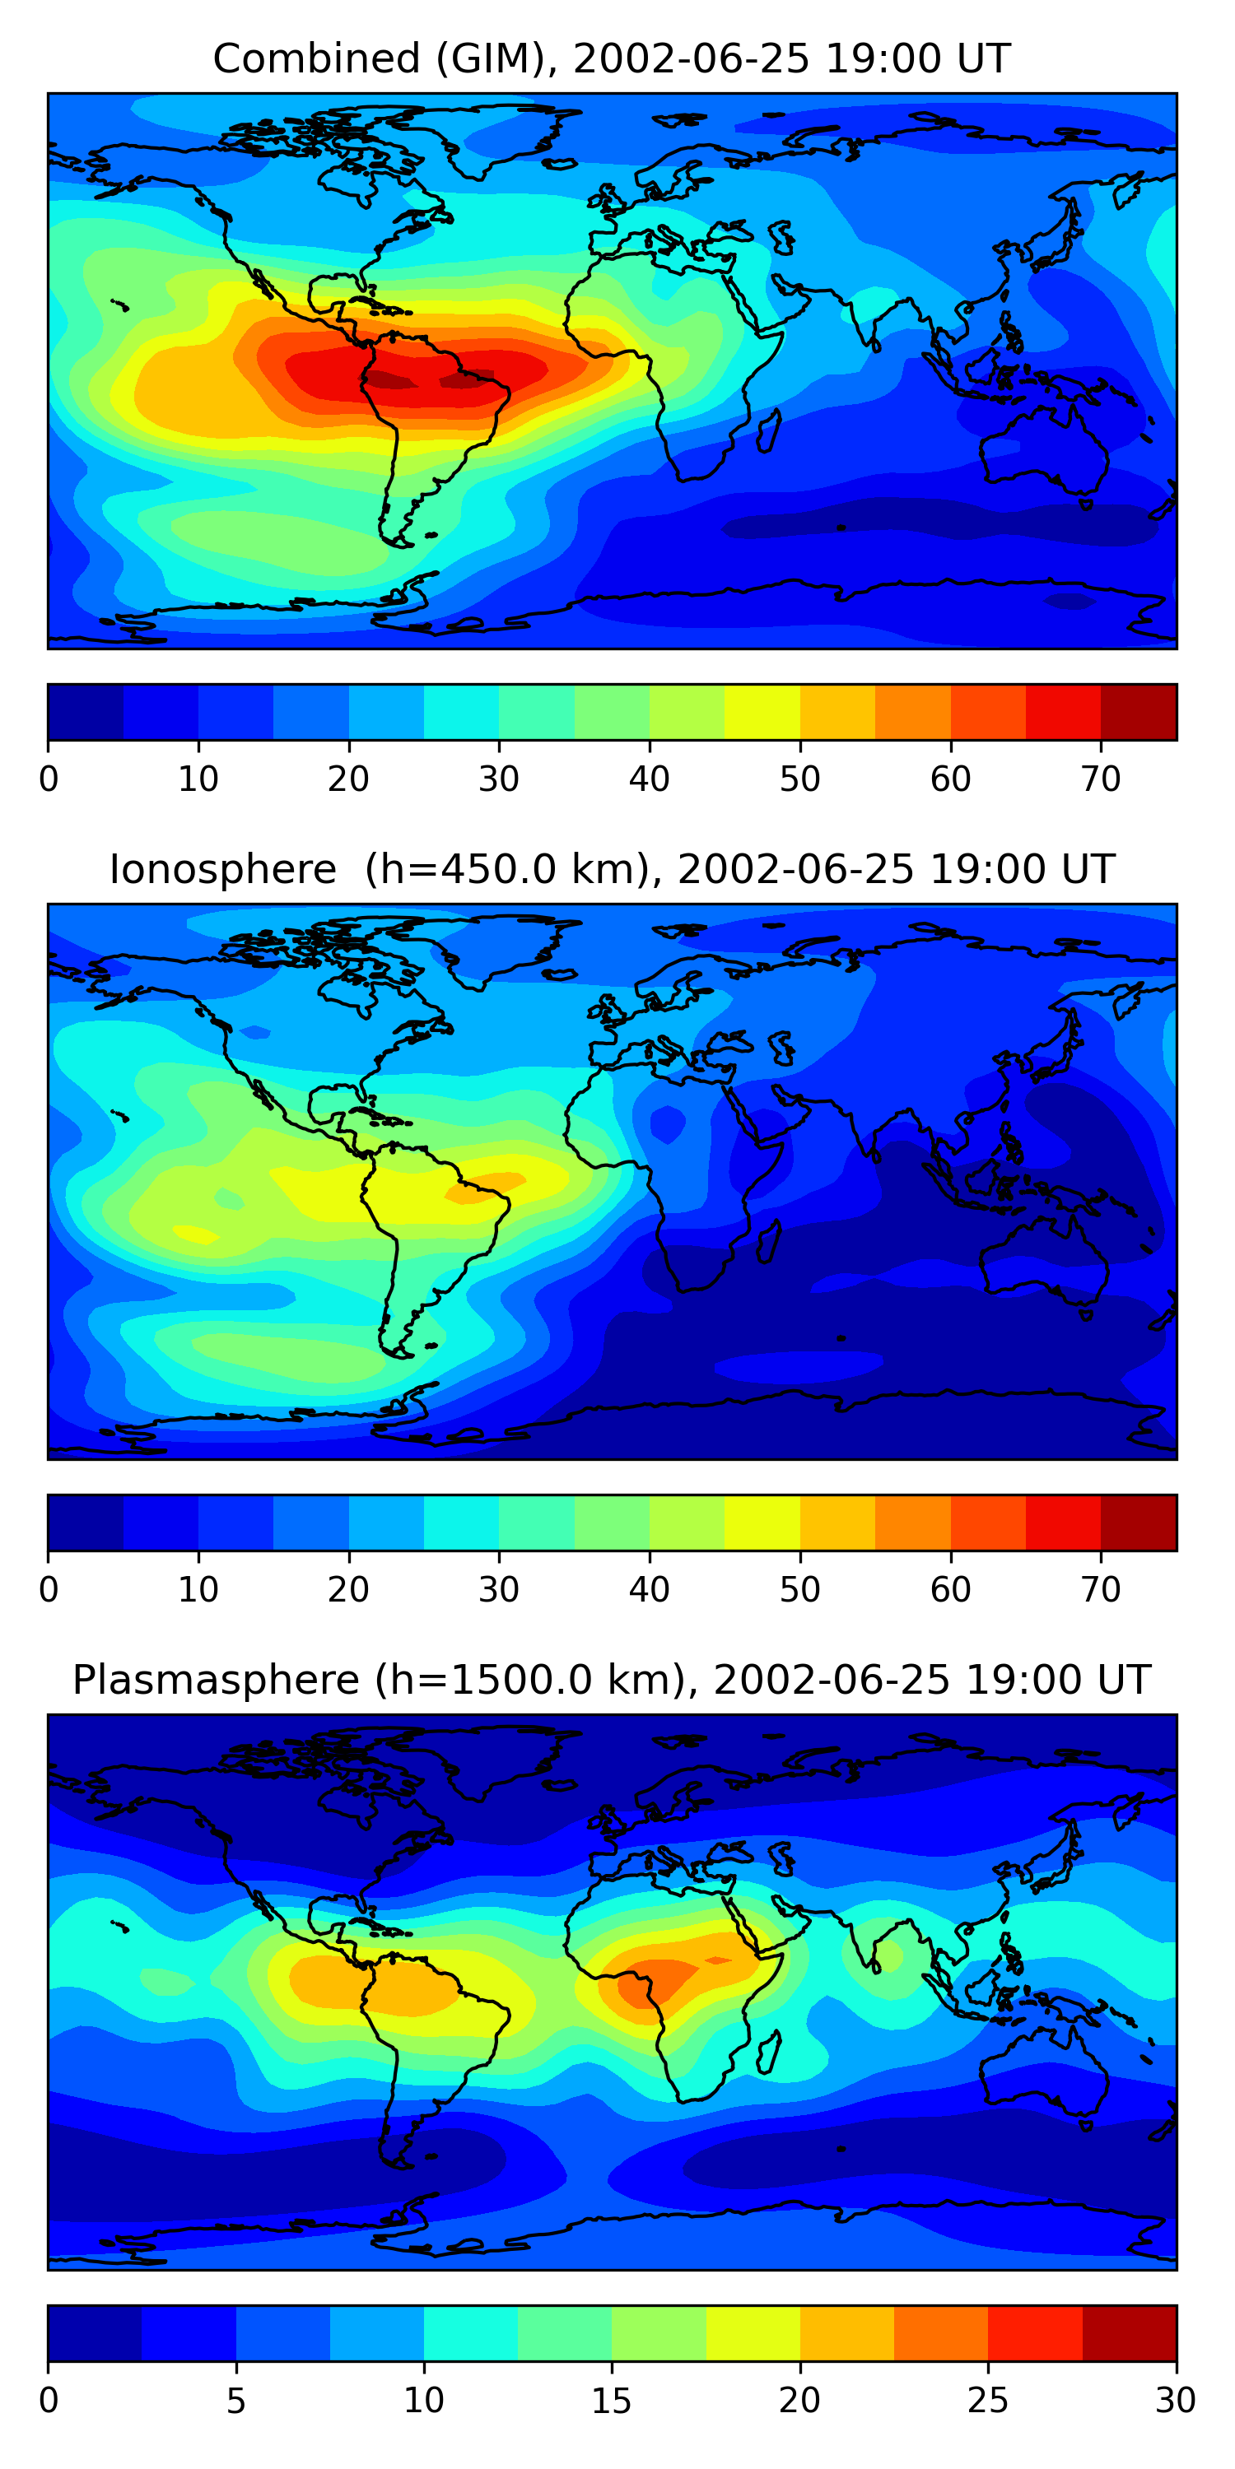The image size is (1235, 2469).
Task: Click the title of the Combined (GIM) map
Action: (x=612, y=58)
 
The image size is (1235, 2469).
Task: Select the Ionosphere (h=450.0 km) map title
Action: (x=612, y=869)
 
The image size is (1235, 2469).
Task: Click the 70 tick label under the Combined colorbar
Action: (x=1101, y=779)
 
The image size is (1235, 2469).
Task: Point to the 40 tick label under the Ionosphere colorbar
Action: (x=649, y=1589)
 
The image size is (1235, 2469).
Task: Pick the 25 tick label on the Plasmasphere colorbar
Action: (x=988, y=2400)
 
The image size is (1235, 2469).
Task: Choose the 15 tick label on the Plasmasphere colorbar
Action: (x=612, y=2400)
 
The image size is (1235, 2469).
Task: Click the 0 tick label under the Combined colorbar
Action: (x=49, y=779)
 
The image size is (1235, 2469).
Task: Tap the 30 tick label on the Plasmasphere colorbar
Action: (x=1176, y=2400)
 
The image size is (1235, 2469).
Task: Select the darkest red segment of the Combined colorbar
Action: (x=1138, y=712)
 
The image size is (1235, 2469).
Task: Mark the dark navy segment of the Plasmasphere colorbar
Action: (x=95, y=2333)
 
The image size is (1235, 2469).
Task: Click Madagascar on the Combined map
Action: (x=768, y=430)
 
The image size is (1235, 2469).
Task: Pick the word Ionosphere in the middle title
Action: (x=222, y=869)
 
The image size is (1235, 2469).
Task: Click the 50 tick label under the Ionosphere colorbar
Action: (x=799, y=1589)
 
